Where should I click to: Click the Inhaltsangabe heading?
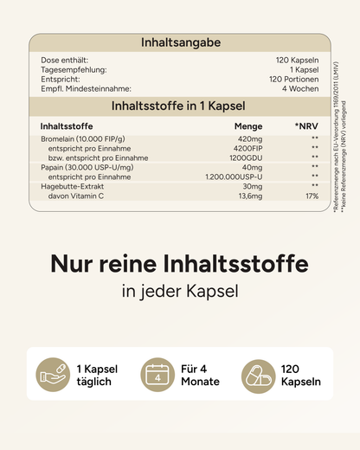click(x=181, y=42)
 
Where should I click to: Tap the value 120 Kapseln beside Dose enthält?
click(x=297, y=60)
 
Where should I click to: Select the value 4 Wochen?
click(x=300, y=88)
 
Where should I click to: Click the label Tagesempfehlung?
click(x=74, y=70)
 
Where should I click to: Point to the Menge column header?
click(x=248, y=126)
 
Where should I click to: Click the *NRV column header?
click(x=306, y=126)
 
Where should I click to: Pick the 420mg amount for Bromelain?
click(x=250, y=139)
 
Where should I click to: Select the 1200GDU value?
click(x=246, y=157)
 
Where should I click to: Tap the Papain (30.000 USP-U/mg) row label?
click(x=87, y=168)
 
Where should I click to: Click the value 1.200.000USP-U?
click(x=234, y=177)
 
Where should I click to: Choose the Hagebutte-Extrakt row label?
click(x=72, y=186)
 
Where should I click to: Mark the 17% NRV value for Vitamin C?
click(x=312, y=196)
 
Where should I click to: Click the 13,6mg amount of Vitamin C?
click(x=250, y=196)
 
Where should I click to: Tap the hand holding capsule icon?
click(x=53, y=375)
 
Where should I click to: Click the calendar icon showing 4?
click(x=157, y=375)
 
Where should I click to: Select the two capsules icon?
click(x=259, y=376)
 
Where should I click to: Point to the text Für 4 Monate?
click(x=200, y=376)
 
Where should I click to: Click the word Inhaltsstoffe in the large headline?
click(x=235, y=263)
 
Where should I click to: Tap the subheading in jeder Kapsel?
click(x=180, y=292)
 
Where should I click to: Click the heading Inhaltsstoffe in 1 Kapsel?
click(x=178, y=106)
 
